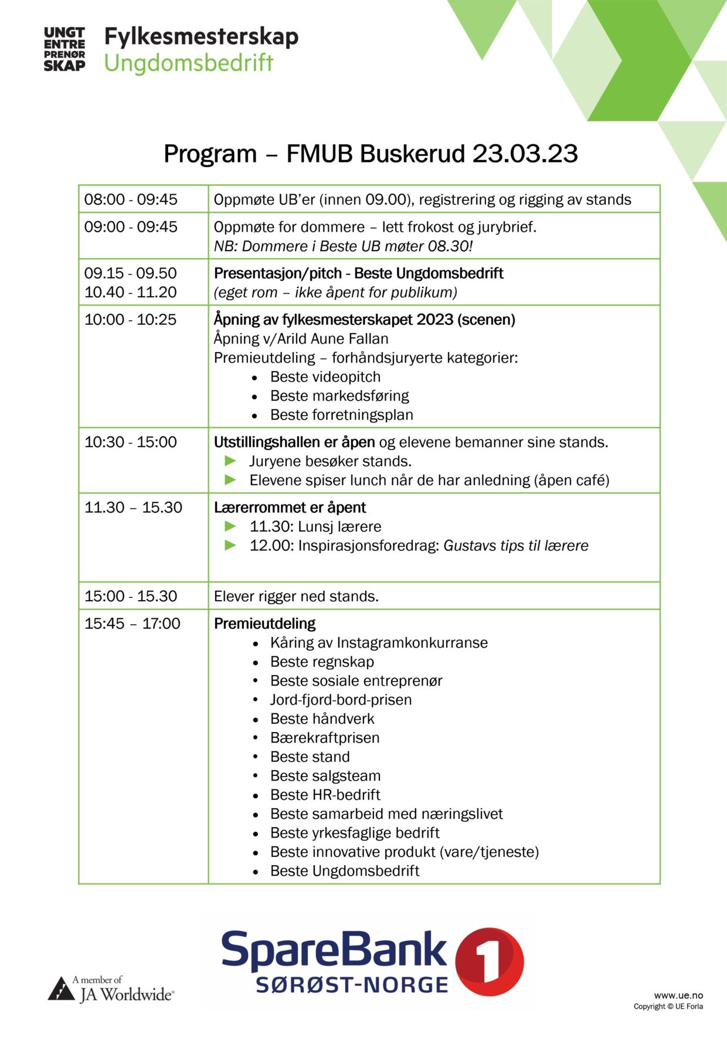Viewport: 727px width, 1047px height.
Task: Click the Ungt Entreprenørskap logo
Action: click(64, 49)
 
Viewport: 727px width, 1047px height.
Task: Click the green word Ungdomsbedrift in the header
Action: click(189, 63)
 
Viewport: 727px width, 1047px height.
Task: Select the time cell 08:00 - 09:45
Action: click(131, 199)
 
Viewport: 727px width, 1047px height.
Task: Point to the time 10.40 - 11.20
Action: click(131, 292)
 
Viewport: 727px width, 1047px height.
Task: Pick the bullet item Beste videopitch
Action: click(325, 377)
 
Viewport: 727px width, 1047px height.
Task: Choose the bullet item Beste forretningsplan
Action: click(341, 415)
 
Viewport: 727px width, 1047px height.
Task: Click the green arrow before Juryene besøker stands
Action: click(230, 461)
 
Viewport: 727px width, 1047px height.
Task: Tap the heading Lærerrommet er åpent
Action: click(290, 507)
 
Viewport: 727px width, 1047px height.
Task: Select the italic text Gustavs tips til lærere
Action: click(515, 546)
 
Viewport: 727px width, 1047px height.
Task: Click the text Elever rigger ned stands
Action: click(296, 597)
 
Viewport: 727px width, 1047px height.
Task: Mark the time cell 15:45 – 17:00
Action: click(133, 624)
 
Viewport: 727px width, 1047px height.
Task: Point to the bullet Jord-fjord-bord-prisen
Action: click(341, 700)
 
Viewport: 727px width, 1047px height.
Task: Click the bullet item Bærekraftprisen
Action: click(325, 738)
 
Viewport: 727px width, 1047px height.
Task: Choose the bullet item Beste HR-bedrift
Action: click(325, 795)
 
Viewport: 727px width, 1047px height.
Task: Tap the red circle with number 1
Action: click(490, 961)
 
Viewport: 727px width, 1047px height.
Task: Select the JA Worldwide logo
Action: click(111, 988)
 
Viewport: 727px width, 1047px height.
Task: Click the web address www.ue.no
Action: click(678, 995)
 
